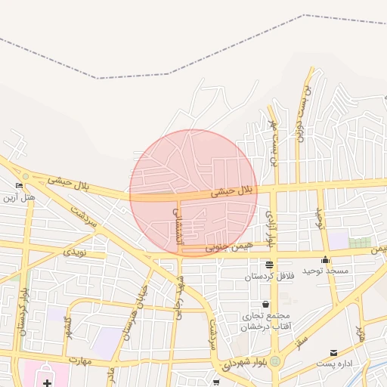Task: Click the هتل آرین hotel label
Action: tap(18, 198)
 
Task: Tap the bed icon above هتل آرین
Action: tap(19, 185)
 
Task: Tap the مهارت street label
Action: tap(80, 360)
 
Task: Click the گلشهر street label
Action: tap(67, 327)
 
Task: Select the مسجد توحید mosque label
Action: tap(324, 270)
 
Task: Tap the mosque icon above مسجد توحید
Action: tap(324, 259)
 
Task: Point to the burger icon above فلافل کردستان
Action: tap(269, 265)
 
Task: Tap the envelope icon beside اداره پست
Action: tap(334, 353)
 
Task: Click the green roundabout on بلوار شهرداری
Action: tap(276, 361)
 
